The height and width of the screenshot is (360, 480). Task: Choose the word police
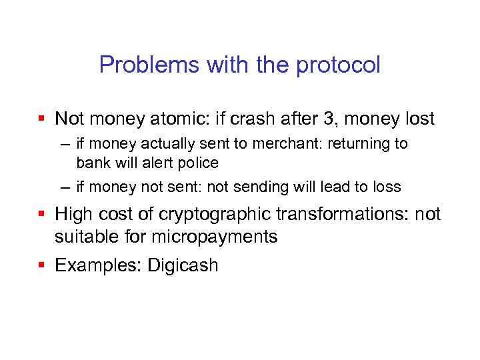pos(197,163)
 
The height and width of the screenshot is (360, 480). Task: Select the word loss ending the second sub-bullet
pos(387,187)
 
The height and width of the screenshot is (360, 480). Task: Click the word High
pos(74,214)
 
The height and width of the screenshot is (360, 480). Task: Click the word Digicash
pos(183,265)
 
